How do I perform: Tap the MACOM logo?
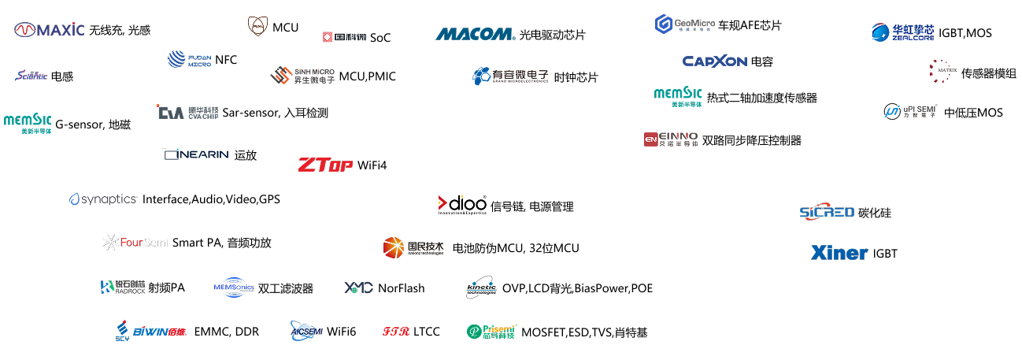pyautogui.click(x=475, y=34)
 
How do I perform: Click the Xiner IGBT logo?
pyautogui.click(x=837, y=253)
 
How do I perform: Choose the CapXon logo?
pyautogui.click(x=714, y=61)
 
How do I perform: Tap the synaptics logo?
pyautogui.click(x=103, y=199)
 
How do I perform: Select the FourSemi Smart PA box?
pyautogui.click(x=188, y=242)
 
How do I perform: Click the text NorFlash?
pyautogui.click(x=401, y=288)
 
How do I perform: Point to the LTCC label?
pyautogui.click(x=426, y=332)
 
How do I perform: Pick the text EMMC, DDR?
pyautogui.click(x=226, y=332)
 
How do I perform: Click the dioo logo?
pyautogui.click(x=462, y=205)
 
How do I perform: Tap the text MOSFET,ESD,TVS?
pyautogui.click(x=568, y=332)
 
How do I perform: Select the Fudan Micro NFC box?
pyautogui.click(x=202, y=58)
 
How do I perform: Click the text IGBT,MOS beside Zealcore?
pyautogui.click(x=965, y=33)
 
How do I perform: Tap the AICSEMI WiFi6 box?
pyautogui.click(x=324, y=332)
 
